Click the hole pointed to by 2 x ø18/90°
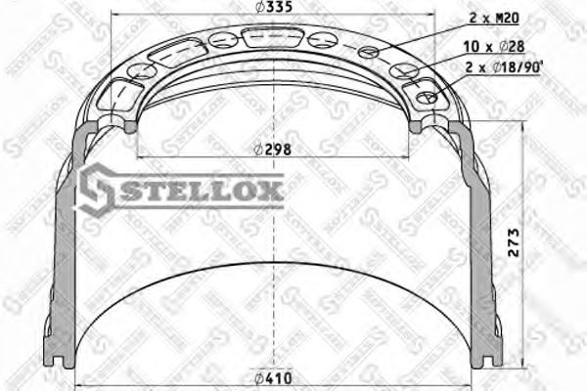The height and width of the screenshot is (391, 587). pos(426,98)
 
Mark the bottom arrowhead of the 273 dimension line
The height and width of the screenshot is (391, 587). pos(527,367)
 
